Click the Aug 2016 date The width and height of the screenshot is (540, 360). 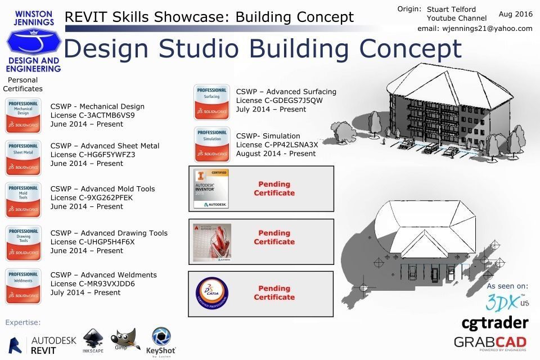(515, 13)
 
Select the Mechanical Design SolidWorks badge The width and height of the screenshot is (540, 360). (23, 115)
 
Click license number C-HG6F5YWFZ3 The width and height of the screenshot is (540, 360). (93, 155)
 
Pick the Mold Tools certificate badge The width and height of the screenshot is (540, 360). (23, 200)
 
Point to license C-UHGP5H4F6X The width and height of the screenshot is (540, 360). (93, 242)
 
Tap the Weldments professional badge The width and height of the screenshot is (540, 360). (23, 286)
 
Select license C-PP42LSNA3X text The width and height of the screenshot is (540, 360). (277, 145)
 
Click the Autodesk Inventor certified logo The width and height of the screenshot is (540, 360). (211, 188)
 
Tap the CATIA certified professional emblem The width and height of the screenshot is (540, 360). (211, 294)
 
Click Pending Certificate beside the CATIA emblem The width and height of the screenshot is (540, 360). (274, 293)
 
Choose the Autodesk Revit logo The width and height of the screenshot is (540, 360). (43, 345)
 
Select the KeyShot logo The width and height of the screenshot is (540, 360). (161, 342)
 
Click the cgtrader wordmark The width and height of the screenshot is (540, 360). (495, 323)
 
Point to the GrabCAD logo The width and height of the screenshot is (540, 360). (490, 343)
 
